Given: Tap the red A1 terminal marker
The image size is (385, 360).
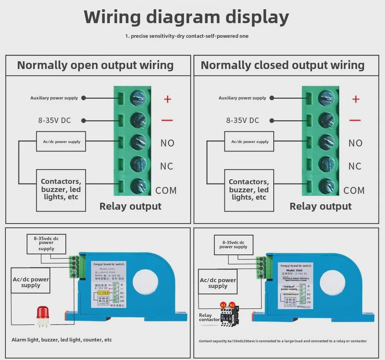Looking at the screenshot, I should [x=223, y=305].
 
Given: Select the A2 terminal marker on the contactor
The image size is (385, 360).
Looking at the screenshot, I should [x=232, y=305].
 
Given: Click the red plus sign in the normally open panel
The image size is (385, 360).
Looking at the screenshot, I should [x=167, y=99].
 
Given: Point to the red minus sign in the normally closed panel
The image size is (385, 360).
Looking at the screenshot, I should [x=355, y=120].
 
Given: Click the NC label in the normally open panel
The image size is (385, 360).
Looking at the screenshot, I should [x=167, y=166].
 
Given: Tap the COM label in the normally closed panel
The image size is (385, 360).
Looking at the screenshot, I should [x=354, y=190].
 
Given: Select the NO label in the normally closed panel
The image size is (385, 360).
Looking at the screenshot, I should [x=355, y=143].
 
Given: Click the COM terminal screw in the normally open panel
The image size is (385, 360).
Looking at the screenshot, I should [x=138, y=187].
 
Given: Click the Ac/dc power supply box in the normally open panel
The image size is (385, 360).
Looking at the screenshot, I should [x=61, y=141].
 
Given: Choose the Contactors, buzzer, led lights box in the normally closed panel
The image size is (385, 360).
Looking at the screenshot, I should [x=249, y=189].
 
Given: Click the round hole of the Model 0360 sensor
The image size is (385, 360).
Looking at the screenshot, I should [x=333, y=283].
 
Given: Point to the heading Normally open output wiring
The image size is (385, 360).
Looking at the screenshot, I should [x=95, y=65].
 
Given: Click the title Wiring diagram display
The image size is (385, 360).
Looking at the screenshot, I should [x=186, y=17].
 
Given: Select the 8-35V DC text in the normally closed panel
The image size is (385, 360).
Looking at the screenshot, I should [x=243, y=120].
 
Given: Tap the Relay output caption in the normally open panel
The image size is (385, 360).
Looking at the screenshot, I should [x=131, y=206].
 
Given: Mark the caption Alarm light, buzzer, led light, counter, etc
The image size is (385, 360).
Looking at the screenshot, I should [x=62, y=340].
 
